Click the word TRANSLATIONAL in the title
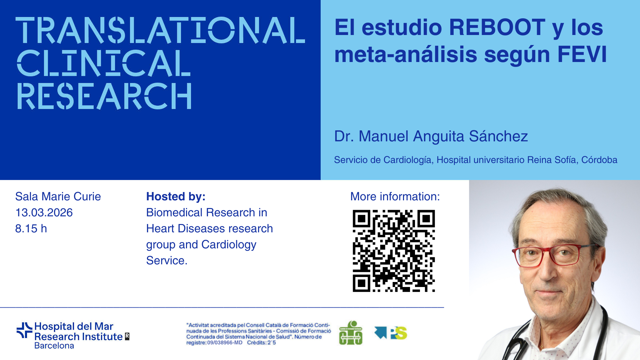tap(160, 30)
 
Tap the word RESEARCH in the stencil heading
tap(104, 96)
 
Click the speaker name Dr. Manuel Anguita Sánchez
tap(431, 136)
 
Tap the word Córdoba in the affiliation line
tap(599, 160)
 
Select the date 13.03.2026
tap(44, 213)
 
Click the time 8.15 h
tap(31, 229)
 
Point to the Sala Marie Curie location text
tap(58, 197)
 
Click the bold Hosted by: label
tap(176, 197)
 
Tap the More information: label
tap(395, 197)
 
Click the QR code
tap(394, 251)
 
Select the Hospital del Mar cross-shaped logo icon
tap(24, 330)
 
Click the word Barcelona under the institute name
tap(54, 346)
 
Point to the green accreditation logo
tap(351, 333)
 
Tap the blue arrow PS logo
tap(391, 333)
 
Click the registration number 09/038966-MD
tap(225, 343)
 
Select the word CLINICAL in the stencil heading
tap(104, 63)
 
